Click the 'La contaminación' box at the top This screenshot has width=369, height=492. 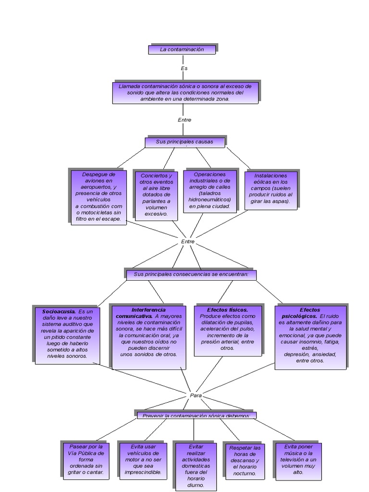182,49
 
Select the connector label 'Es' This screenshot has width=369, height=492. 184,68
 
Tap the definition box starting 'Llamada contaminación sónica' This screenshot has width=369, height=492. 185,92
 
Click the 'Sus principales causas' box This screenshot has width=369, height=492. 185,142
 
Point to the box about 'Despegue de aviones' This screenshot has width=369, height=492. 98,196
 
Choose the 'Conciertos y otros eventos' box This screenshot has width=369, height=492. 157,195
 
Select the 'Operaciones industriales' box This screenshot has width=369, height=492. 209,191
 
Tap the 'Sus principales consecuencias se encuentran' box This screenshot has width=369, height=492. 191,274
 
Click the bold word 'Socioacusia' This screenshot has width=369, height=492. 59,311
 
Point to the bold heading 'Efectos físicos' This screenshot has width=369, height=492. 228,310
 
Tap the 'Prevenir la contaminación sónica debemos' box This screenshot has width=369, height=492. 196,415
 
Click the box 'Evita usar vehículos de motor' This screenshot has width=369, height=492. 143,459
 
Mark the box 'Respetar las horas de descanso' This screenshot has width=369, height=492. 245,460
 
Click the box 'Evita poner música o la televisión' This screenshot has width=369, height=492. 298,459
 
